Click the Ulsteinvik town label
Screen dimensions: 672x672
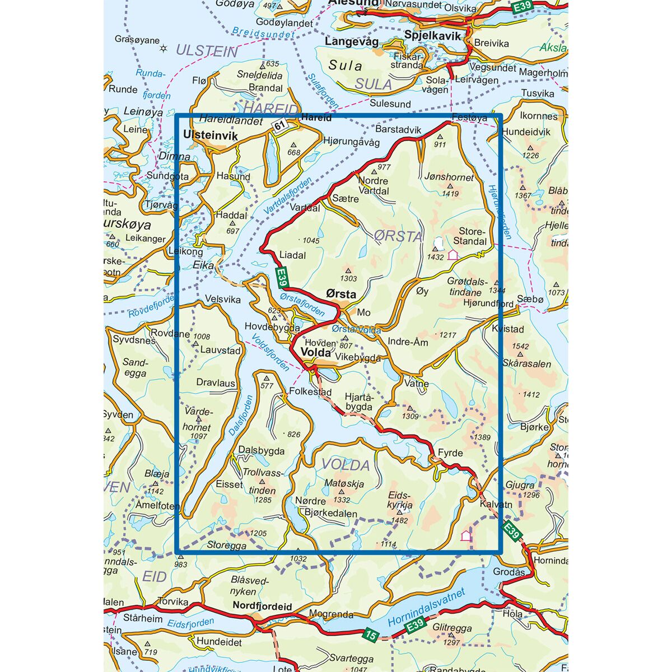211,136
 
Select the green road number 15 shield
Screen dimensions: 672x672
369,634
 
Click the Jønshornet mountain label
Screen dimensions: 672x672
449,178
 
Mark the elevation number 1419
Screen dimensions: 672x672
450,194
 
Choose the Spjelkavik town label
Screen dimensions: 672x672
432,36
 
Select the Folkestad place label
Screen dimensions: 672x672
311,392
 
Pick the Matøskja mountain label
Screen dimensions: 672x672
344,484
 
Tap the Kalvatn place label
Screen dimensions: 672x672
496,504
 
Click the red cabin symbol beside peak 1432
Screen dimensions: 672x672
452,255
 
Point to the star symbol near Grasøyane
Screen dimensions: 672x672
164,48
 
